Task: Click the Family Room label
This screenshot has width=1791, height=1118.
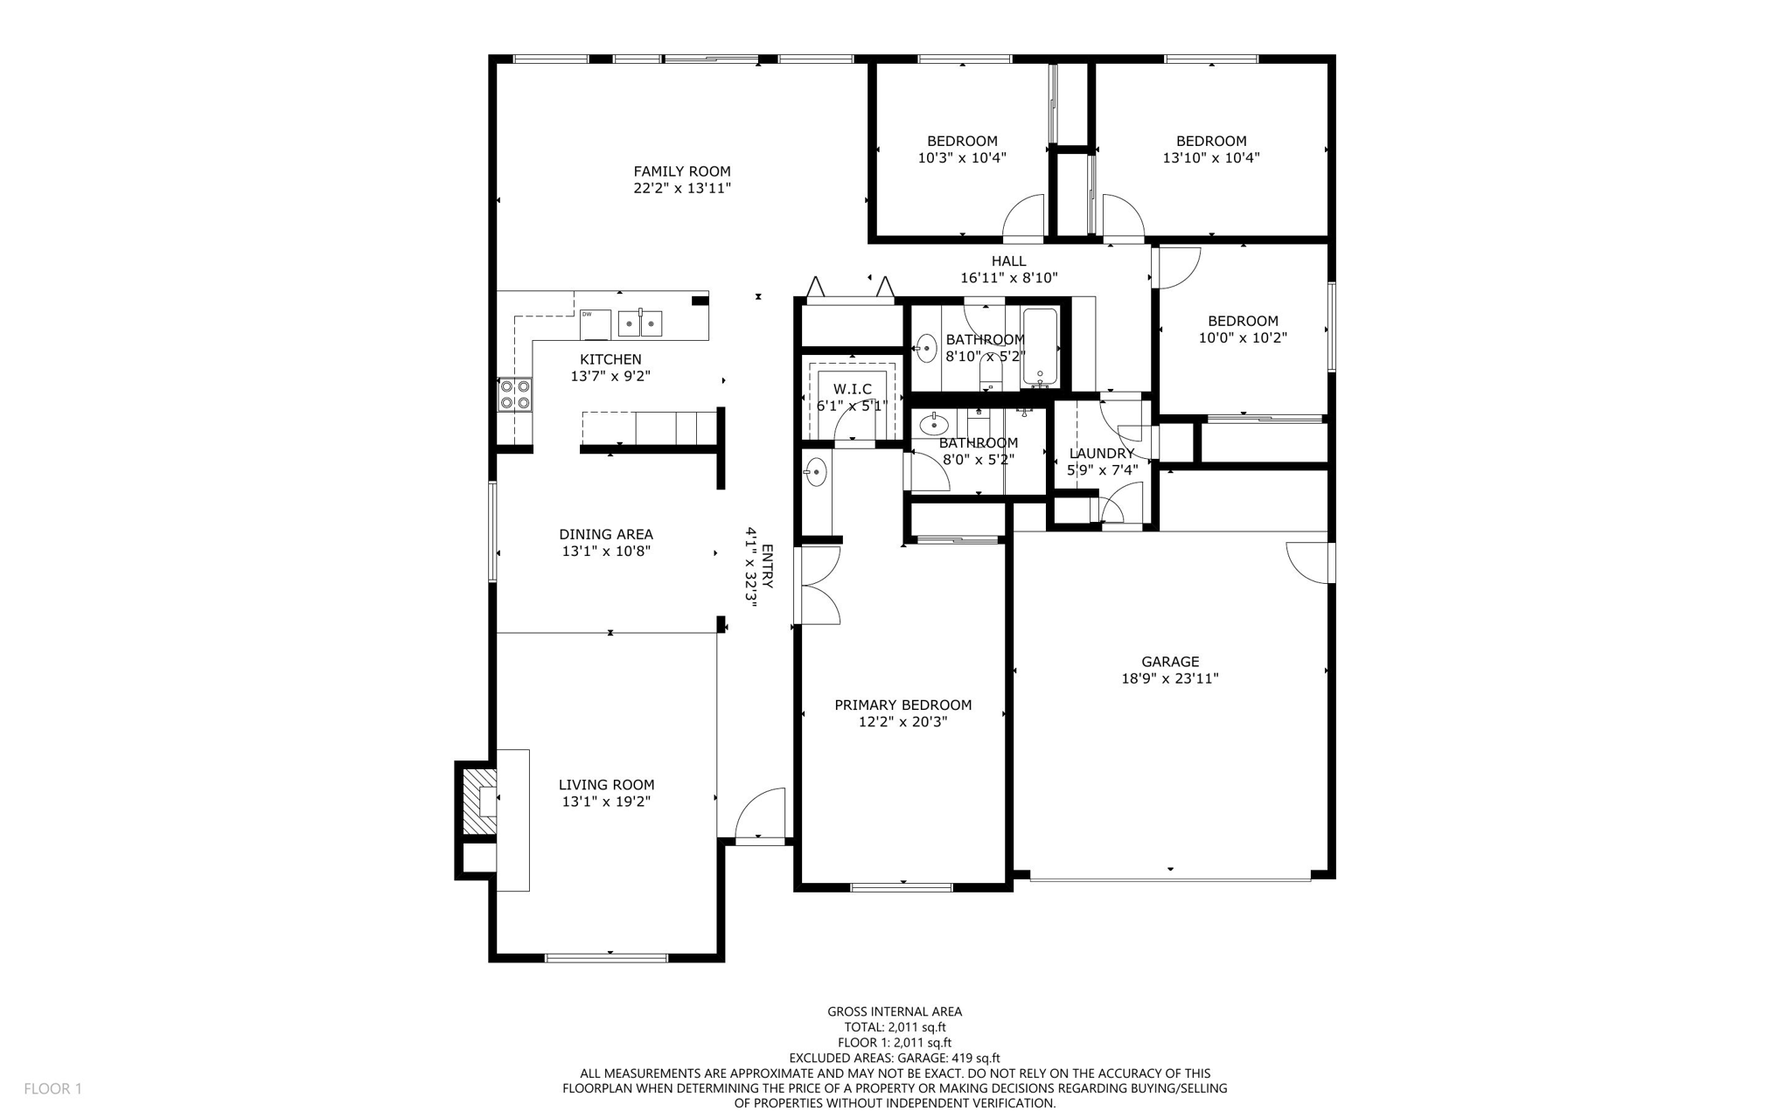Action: click(x=682, y=171)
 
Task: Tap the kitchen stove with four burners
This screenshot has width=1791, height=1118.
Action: click(x=515, y=394)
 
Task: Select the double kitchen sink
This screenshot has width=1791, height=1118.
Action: click(x=640, y=323)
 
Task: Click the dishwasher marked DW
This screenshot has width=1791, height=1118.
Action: click(x=595, y=324)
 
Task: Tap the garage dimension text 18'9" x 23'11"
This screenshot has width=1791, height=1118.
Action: click(x=1169, y=678)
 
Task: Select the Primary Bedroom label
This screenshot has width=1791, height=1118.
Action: click(x=902, y=705)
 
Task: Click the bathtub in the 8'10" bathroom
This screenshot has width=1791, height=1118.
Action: click(x=1040, y=348)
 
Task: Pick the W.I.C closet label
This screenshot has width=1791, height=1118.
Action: click(x=852, y=389)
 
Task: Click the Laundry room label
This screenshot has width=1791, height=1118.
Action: click(x=1101, y=453)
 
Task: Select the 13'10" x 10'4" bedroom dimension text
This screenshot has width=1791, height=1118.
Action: click(x=1210, y=158)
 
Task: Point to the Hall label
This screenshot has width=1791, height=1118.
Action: click(x=1008, y=260)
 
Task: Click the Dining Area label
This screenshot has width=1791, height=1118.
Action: click(x=606, y=534)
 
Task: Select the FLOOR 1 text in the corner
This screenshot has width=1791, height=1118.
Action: click(x=52, y=1088)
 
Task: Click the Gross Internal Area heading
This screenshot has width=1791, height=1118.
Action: click(x=894, y=1011)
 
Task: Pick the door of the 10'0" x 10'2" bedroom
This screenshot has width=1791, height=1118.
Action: click(x=1177, y=267)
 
